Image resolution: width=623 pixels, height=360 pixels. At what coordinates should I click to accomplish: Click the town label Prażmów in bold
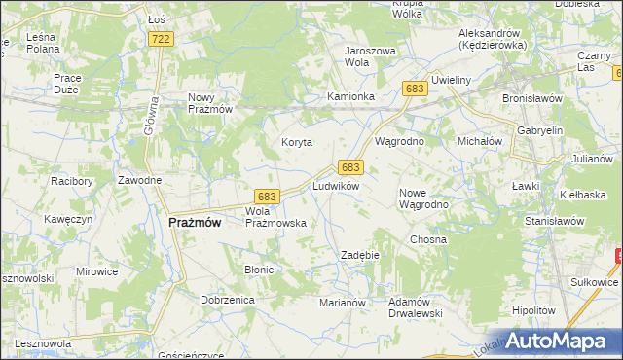195,222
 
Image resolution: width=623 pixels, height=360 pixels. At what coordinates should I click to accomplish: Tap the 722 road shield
162,38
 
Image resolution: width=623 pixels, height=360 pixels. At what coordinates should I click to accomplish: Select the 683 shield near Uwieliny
415,89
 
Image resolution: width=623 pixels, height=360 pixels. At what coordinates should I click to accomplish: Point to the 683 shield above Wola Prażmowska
269,196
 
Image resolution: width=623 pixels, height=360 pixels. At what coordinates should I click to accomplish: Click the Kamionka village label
350,97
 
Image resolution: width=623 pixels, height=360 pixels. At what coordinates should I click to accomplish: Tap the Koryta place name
297,142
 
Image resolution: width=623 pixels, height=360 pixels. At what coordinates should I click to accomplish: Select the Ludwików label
337,185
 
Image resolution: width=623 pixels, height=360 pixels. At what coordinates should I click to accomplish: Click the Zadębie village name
359,255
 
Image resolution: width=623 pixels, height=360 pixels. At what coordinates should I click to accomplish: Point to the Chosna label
428,239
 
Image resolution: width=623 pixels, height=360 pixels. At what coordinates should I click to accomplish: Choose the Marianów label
342,303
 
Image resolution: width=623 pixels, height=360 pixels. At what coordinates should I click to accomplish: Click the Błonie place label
259,270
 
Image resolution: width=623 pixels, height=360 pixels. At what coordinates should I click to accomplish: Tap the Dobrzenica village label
228,300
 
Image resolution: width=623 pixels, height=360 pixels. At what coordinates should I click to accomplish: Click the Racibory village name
71,181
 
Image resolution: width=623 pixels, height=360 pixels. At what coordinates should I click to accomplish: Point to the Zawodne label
139,181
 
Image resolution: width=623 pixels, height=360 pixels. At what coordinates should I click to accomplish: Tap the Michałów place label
479,141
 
